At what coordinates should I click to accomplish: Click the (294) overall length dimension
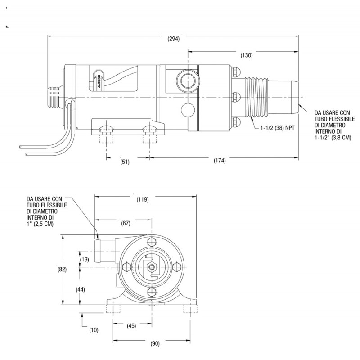point(174,39)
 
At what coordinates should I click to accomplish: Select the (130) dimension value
point(246,55)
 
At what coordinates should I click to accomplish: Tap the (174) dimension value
point(220,161)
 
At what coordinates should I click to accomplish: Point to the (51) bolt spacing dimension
point(125,162)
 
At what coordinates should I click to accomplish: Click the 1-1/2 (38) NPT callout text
point(277,128)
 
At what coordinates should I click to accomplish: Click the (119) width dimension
point(143,199)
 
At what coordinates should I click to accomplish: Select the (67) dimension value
point(126,223)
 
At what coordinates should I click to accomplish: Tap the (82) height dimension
point(62,269)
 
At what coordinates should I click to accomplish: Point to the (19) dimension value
point(85,260)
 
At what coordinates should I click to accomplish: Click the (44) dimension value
point(81,290)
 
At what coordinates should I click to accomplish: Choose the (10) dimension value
point(94,330)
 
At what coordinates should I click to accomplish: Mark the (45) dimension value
point(131,326)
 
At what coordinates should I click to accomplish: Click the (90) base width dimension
point(155,343)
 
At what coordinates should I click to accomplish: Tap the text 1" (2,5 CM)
point(40,224)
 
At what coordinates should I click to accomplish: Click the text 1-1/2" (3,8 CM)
point(333,138)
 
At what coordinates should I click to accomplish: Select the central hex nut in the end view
point(152,266)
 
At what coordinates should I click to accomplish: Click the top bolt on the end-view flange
point(152,243)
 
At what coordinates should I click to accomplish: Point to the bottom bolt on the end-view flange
point(152,292)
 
